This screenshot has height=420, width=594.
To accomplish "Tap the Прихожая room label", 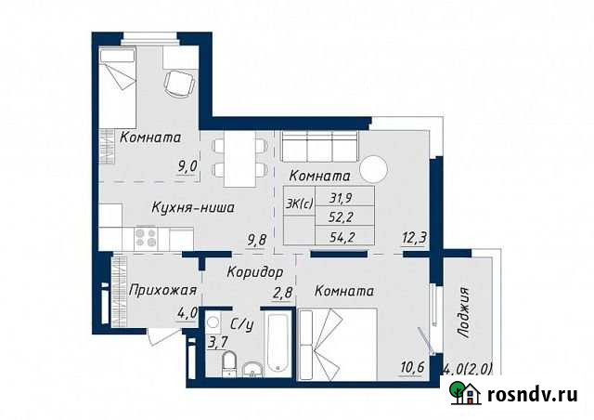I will pos(161,289).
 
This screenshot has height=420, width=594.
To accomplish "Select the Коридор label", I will pos(253,273).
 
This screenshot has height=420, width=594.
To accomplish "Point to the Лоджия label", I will pos(464,315).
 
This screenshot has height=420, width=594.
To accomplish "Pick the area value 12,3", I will pos(414,239).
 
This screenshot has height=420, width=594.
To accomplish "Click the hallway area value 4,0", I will pos(187,313).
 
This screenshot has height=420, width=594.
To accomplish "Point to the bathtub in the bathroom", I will pos(278,347).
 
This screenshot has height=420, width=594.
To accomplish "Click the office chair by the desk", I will pos(178,84).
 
